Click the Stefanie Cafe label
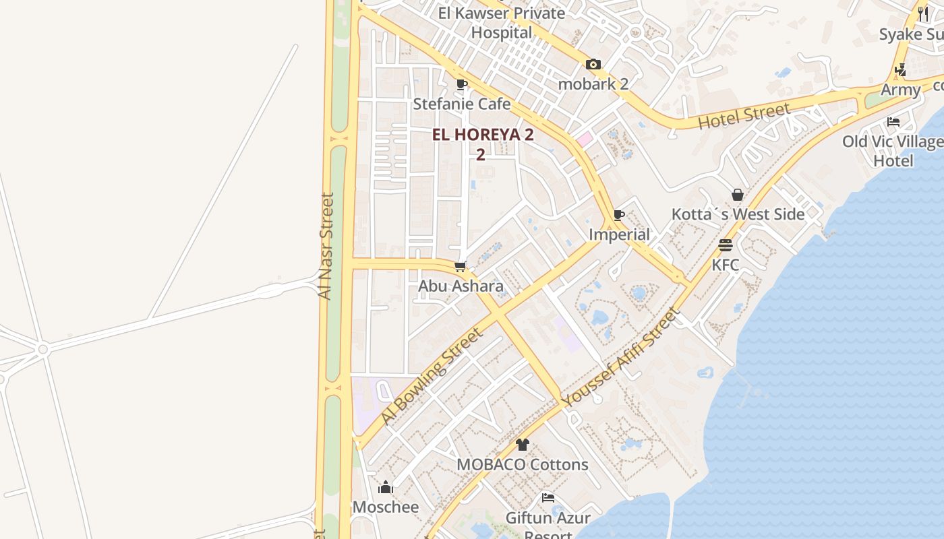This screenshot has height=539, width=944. click(x=461, y=104)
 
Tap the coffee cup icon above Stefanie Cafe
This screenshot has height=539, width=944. click(x=462, y=85)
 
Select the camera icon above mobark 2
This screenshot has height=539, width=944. click(x=593, y=65)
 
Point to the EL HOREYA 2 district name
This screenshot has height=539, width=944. click(x=483, y=135)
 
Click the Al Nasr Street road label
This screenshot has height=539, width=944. click(x=327, y=246)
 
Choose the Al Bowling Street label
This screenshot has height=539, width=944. click(x=432, y=376)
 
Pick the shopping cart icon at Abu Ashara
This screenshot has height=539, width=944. click(x=461, y=267)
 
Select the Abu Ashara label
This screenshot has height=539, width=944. click(x=461, y=286)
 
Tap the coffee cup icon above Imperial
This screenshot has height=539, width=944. click(x=619, y=216)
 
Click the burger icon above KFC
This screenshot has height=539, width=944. click(x=726, y=245)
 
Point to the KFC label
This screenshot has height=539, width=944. click(x=726, y=265)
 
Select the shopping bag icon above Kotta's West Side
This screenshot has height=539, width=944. click(x=738, y=195)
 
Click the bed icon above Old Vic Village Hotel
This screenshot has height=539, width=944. click(x=893, y=122)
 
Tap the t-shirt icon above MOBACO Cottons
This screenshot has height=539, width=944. click(x=523, y=445)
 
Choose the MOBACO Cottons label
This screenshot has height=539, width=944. click(x=523, y=464)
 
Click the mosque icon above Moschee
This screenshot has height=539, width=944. click(x=386, y=487)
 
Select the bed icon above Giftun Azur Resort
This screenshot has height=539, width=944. click(x=548, y=499)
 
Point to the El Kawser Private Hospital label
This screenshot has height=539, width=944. click(x=502, y=22)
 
